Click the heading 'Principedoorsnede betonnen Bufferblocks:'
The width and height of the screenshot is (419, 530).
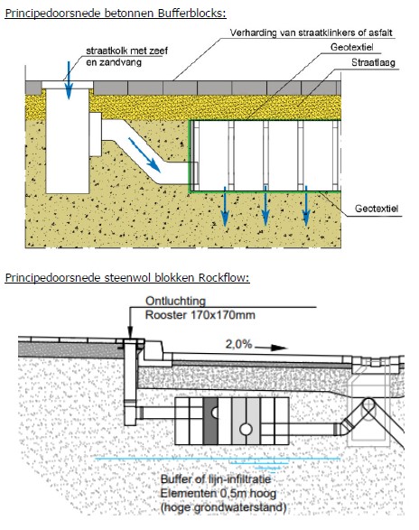(x=116, y=14)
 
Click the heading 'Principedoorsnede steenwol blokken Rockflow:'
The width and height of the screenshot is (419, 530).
(x=127, y=277)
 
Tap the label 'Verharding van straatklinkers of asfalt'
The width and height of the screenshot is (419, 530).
(x=312, y=33)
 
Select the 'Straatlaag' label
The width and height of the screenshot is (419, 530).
(x=373, y=63)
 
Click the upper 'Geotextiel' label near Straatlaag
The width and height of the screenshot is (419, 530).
(x=351, y=47)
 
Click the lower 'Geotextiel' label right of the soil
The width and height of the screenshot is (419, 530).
(x=377, y=209)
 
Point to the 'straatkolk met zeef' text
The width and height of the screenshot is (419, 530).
(x=126, y=51)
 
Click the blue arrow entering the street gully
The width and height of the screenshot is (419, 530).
(x=69, y=80)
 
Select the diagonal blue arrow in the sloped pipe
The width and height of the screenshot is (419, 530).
(x=144, y=154)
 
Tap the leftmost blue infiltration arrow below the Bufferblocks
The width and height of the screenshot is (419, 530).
(x=225, y=206)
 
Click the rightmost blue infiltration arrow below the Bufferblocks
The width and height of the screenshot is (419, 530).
(x=306, y=206)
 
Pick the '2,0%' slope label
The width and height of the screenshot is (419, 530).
(x=238, y=344)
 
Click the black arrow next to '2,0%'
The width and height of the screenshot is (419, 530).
(x=271, y=348)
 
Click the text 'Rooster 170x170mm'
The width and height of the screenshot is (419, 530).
(x=200, y=315)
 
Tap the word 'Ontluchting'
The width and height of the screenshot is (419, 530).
(x=175, y=301)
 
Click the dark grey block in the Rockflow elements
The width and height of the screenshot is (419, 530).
(x=210, y=421)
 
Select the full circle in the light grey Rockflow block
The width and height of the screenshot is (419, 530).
(x=246, y=429)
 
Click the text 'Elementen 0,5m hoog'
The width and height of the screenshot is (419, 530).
(x=219, y=493)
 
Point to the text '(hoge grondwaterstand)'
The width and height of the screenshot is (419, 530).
(x=223, y=507)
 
